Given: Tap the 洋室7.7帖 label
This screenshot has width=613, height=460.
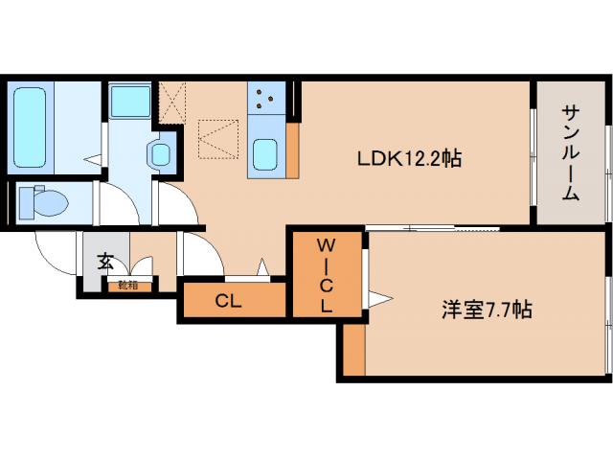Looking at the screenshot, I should click(x=486, y=310).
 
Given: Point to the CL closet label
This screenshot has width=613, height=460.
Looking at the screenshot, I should click(x=227, y=301).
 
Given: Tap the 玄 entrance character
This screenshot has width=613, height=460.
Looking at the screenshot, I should click(x=102, y=261).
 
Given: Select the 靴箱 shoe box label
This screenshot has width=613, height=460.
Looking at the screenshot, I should click(x=127, y=285).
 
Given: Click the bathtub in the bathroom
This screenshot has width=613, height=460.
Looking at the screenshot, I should click(x=33, y=126).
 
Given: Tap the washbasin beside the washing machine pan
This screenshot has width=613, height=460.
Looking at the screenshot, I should click(x=161, y=153).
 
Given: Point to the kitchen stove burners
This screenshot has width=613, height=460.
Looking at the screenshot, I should click(x=264, y=98).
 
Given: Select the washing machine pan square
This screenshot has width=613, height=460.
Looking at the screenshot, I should click(x=128, y=101).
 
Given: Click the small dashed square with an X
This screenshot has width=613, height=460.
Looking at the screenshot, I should click(x=171, y=100).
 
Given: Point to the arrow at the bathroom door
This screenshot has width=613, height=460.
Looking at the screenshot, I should click(x=92, y=159).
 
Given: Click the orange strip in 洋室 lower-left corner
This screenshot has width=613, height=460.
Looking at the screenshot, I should click(x=354, y=349).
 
